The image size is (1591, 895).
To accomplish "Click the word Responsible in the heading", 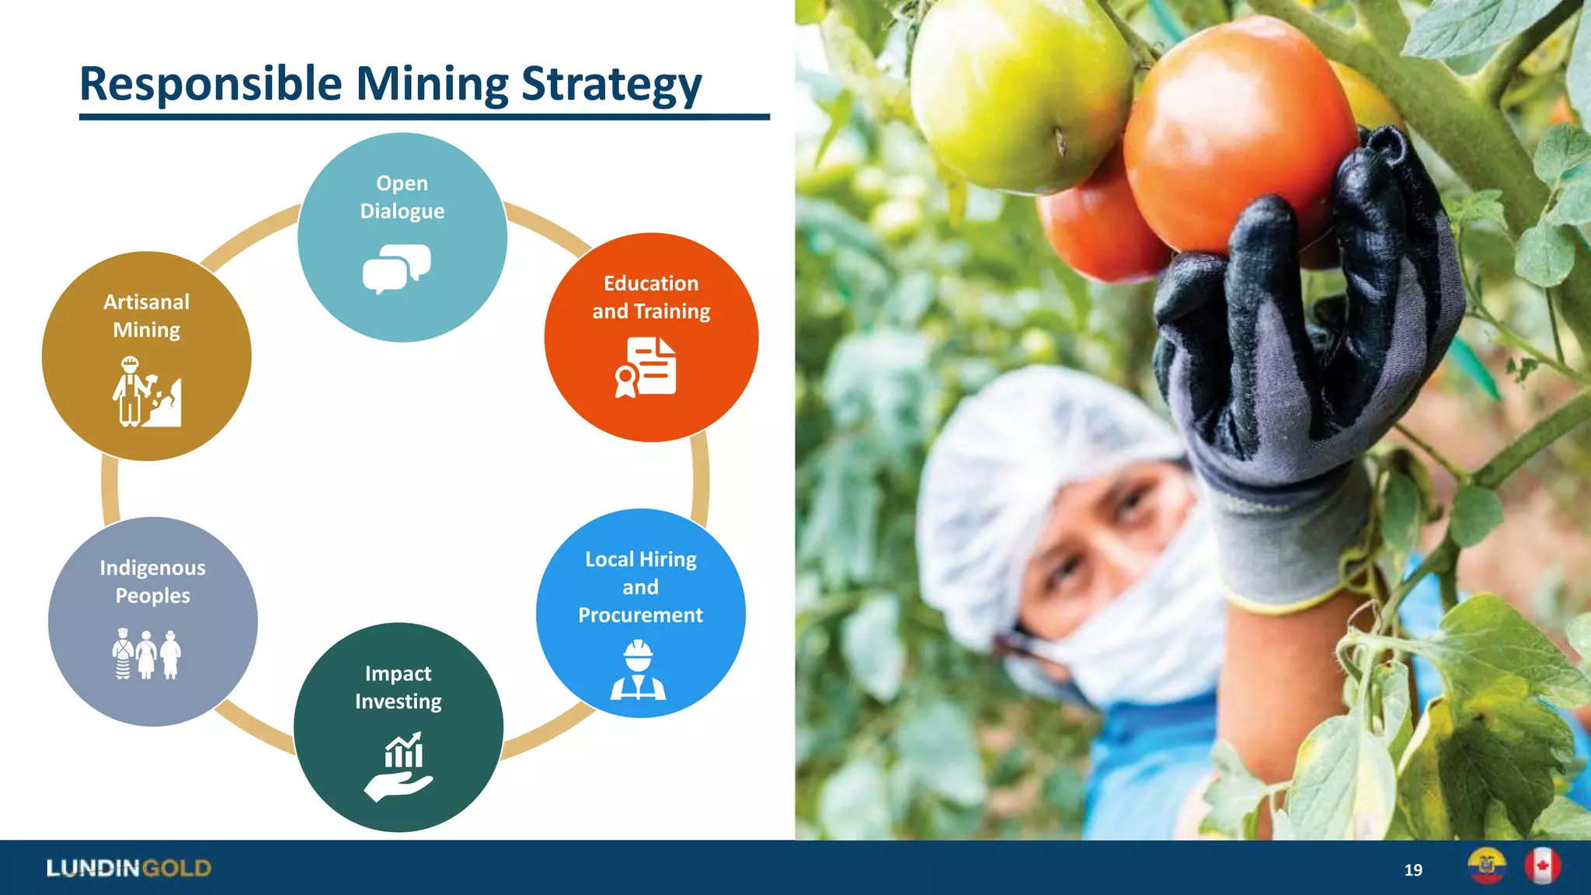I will [211, 84].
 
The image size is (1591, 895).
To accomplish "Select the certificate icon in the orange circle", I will [646, 367].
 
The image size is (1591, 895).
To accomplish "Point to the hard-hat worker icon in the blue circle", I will [638, 670].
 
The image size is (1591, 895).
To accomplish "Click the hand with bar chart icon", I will [399, 766].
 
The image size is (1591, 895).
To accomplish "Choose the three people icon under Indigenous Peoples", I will [147, 654].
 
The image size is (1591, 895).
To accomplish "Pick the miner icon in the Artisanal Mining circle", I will [147, 392].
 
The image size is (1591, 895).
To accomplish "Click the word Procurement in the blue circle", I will [640, 615].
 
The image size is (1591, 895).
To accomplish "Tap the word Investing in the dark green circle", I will [399, 702].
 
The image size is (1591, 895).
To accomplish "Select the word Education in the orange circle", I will [651, 284].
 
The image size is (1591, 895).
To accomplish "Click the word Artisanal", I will [147, 302].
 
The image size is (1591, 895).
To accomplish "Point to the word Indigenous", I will [153, 568].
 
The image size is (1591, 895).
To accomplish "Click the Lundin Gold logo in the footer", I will [129, 868].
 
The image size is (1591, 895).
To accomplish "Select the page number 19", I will [1413, 870].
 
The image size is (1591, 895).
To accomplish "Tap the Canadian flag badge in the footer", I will [1542, 866].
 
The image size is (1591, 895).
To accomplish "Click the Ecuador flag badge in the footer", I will [1486, 866].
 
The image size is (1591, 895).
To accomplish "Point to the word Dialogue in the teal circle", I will [402, 211].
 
